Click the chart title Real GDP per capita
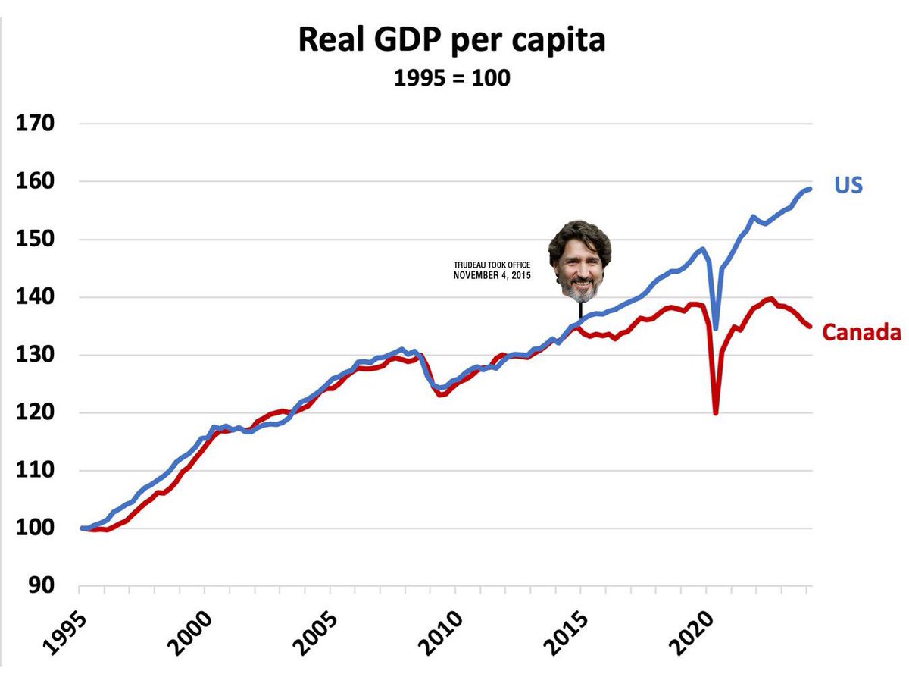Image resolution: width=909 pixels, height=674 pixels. point(451,39)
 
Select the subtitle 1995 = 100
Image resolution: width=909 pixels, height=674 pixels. point(451,77)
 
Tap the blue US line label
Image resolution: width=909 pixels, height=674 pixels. point(848,185)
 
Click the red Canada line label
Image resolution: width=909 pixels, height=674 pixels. point(861,332)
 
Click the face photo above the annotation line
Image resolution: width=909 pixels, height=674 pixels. point(579,260)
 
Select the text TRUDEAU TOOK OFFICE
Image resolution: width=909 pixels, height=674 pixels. point(492,265)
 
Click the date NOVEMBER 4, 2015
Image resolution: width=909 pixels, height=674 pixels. point(492,275)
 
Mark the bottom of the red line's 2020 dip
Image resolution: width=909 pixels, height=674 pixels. point(715,413)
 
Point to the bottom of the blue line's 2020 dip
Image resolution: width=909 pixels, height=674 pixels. point(716,328)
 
